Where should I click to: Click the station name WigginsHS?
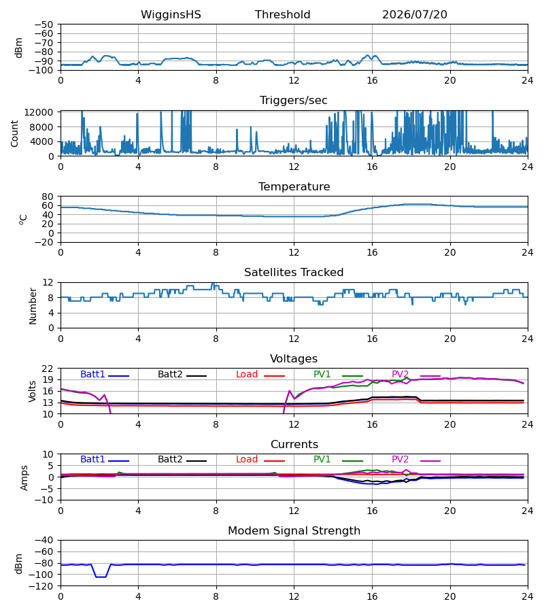pos(171,15)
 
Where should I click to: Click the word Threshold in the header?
pos(282,15)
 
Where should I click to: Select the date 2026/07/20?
pos(414,15)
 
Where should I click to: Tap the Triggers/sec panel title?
pos(294,101)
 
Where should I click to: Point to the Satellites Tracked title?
pos(294,273)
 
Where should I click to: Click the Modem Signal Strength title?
pos(294,531)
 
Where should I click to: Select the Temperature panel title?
pos(294,186)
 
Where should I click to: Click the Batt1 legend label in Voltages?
pos(92,374)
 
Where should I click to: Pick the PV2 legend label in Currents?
pos(400,460)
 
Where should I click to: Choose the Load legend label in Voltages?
pos(247,374)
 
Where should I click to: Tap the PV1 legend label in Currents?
pos(322,460)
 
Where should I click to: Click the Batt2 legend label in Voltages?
pos(170,374)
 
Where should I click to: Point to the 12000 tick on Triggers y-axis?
pos(39,112)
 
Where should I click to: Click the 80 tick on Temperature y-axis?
pos(48,197)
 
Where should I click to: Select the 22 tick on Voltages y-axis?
pos(48,369)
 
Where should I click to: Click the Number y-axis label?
pos(33,307)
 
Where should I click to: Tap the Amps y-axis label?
pos(24,478)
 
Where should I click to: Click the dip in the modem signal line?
pos(101,577)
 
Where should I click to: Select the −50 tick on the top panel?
pos(44,24)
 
